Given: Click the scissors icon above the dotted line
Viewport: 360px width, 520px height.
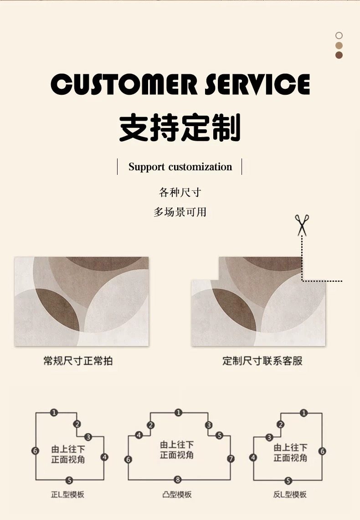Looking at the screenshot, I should click(302, 225).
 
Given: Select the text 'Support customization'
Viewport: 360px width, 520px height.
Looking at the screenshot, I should click(180, 167).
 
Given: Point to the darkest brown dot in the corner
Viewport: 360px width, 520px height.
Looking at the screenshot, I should click(339, 55).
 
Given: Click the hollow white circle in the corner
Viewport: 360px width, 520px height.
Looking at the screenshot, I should click(339, 36).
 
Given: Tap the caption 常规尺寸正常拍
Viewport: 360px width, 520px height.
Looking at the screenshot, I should click(78, 361).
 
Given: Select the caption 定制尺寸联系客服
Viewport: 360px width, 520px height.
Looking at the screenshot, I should click(262, 361).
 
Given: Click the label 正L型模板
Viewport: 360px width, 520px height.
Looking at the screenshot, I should click(67, 495).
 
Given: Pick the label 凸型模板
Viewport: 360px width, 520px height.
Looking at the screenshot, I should click(177, 495).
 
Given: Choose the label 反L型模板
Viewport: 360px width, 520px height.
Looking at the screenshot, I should click(290, 495).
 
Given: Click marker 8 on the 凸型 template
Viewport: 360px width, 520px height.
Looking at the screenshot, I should click(178, 479).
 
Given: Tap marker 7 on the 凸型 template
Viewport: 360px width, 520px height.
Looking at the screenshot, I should click(231, 459).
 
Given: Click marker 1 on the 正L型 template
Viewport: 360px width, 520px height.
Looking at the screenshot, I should click(54, 413).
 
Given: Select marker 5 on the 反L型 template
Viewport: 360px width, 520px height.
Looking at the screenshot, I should click(288, 480).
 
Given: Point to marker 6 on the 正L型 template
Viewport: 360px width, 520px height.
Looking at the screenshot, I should click(36, 451).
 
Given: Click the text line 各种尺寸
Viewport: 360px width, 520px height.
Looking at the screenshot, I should click(180, 192).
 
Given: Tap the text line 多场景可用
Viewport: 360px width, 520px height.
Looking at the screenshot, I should click(180, 212).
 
